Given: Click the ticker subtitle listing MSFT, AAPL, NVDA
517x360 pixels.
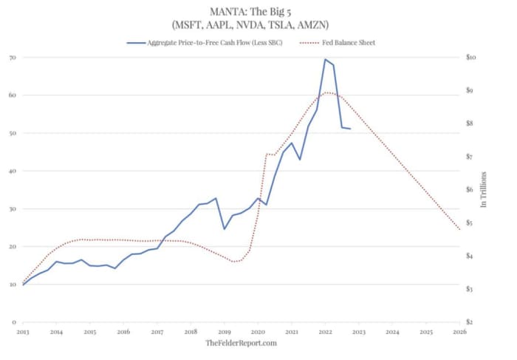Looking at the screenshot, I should coord(258,26).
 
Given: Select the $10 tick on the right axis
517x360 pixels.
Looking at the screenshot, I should coord(470,57).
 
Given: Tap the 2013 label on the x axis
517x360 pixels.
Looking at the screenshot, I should coord(23,333).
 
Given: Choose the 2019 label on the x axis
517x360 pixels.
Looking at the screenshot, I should coord(225,333).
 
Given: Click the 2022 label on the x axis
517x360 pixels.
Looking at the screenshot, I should coord(325,333).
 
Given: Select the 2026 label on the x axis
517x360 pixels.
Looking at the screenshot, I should coord(459,333).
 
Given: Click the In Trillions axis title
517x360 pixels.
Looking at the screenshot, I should coord(484,189).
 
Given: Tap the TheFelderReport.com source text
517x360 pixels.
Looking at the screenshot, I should coord(241,344).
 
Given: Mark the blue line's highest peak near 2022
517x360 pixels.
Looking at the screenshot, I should coord(325,60).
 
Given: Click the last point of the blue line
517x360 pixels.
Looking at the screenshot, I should coord(350,129).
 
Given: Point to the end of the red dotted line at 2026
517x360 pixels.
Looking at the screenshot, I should coord(459,229).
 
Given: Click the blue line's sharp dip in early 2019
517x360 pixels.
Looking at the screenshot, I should coord(225,228).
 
